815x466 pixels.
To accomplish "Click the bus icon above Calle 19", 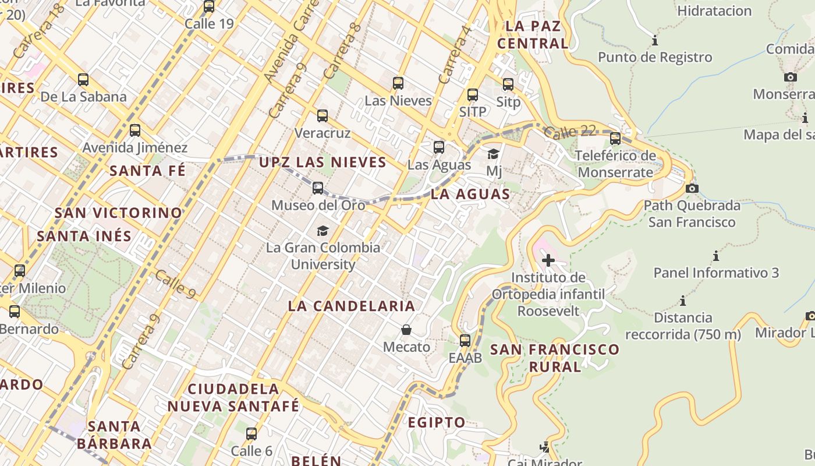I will tap(209, 7).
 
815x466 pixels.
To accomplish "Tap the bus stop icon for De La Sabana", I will tap(83, 80).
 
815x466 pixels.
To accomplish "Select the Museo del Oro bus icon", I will tap(318, 188).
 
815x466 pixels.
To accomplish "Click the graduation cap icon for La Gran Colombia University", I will tap(323, 231).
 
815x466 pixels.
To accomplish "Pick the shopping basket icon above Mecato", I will tap(406, 330).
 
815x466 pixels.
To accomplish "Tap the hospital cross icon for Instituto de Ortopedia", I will tap(548, 260).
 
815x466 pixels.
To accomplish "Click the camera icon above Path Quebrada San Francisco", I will tap(692, 188).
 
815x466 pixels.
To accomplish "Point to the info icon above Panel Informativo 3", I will tap(715, 256).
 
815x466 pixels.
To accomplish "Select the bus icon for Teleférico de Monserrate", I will tap(615, 139).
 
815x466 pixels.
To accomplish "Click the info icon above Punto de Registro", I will tap(655, 41).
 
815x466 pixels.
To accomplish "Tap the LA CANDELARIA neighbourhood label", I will tap(352, 306).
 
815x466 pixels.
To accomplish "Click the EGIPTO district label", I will tap(436, 422).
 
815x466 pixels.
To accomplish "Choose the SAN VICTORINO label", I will tap(119, 213).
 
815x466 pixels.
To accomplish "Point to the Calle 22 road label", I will tap(571, 132).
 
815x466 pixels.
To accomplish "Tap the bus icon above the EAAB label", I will tap(465, 341).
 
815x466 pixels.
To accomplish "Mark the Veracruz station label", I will tap(323, 133).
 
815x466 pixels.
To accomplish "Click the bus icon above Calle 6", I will tap(251, 434).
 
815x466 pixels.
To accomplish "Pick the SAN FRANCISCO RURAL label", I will tap(555, 358).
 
